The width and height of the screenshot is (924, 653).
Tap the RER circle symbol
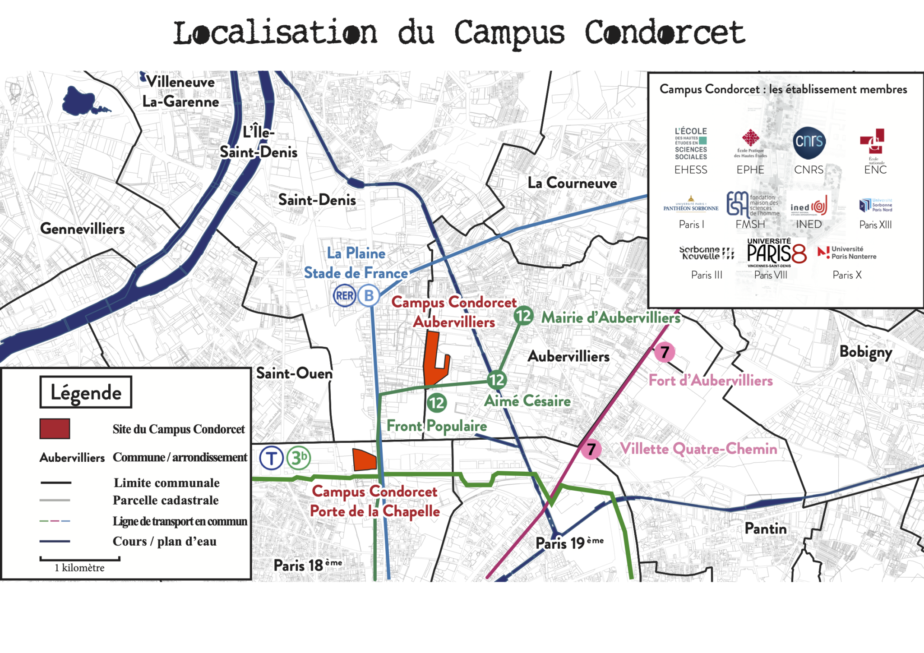345,296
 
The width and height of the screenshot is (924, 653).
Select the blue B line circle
369,296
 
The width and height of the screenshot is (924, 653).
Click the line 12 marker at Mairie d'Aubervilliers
523,316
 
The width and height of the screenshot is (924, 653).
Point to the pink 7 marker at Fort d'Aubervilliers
665,352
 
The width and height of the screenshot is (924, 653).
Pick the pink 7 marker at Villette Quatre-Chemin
591,449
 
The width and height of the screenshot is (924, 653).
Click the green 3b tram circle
299,458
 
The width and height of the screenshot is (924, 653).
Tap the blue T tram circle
272,459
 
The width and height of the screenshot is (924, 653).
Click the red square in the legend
55,428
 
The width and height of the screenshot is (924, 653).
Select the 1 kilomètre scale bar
80,559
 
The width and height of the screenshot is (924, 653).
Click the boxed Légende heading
86,392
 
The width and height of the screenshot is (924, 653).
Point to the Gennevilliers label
83,229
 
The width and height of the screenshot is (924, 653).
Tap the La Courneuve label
572,183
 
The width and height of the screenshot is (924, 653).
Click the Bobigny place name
865,352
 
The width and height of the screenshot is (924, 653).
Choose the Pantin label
765,528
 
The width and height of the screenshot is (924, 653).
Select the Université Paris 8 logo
776,253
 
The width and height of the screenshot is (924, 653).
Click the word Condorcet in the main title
664,33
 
